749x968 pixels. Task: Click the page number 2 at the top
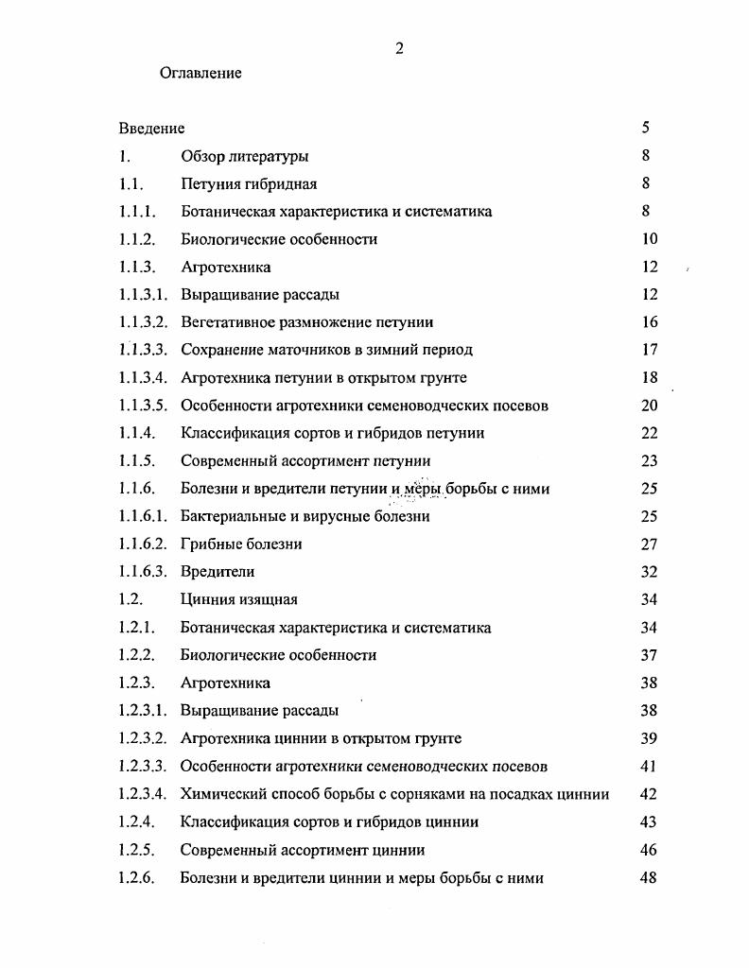(399, 50)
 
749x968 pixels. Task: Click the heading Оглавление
(200, 73)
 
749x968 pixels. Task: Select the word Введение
(151, 129)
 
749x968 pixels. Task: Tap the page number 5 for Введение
(645, 129)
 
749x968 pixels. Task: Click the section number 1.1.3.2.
(143, 322)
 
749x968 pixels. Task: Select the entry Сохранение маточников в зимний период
(326, 350)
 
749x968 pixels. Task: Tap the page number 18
(648, 378)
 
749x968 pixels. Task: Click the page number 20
(648, 406)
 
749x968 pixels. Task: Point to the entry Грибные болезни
(241, 544)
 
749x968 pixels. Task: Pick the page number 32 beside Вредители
(648, 572)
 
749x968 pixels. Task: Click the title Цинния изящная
(238, 599)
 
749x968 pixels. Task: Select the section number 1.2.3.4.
(143, 794)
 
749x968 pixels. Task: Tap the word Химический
(220, 794)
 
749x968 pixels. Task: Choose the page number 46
(648, 850)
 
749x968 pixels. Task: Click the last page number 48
(648, 878)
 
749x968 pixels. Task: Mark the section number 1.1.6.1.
(143, 516)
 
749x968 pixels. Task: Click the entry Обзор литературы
(244, 157)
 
